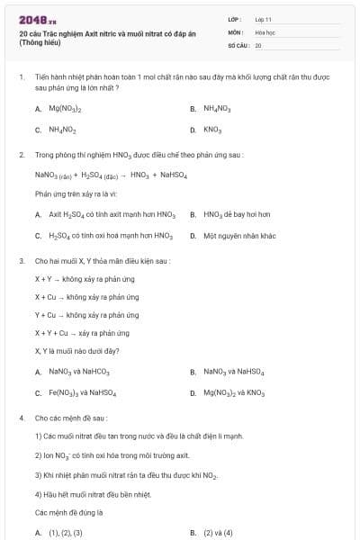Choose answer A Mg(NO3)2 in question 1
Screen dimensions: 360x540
[65, 109]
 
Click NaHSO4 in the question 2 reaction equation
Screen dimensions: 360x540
[171, 175]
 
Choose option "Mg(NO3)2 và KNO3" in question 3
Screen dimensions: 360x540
[234, 392]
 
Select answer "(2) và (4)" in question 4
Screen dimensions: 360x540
[218, 533]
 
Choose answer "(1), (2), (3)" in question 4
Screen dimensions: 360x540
[65, 533]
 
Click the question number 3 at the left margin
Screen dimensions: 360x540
[21, 261]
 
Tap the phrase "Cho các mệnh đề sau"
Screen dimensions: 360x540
[71, 418]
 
